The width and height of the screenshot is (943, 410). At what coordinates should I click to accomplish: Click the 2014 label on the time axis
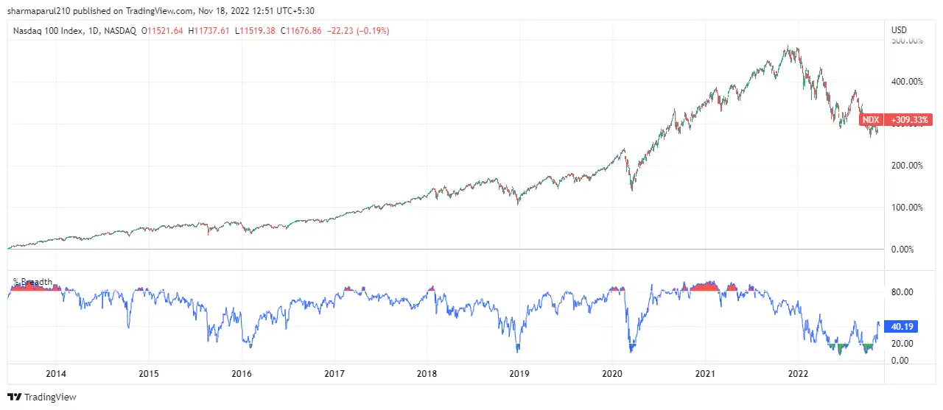click(56, 373)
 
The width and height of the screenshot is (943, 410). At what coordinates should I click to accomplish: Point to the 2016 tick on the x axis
click(242, 373)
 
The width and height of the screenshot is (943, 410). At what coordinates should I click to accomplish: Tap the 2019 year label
click(520, 373)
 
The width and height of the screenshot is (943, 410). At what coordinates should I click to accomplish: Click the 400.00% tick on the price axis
click(907, 82)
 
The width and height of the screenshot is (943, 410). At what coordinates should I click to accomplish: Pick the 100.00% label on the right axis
click(907, 208)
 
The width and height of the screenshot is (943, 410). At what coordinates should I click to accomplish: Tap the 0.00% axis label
click(904, 250)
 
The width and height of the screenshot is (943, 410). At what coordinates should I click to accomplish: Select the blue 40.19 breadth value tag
click(902, 327)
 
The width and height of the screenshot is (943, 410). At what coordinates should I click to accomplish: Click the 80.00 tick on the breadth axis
click(902, 292)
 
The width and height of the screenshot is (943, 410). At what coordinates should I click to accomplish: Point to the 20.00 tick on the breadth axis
click(902, 344)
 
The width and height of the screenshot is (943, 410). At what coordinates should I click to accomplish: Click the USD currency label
click(899, 30)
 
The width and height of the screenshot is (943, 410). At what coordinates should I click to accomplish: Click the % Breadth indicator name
click(33, 282)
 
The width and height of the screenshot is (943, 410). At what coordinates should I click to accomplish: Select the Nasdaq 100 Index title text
click(47, 31)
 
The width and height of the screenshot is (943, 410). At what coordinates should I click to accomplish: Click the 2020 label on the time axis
click(613, 373)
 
